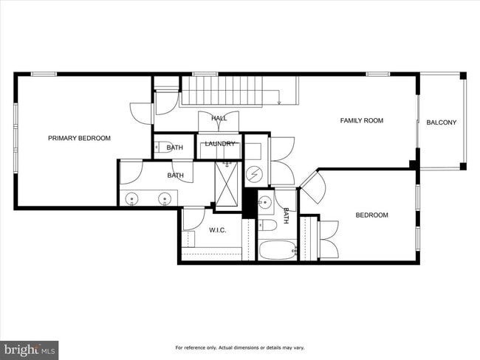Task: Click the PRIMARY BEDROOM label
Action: (79, 138)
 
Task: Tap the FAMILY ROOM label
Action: (361, 120)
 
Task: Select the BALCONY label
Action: (442, 122)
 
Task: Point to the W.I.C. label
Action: (217, 230)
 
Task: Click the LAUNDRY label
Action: (220, 144)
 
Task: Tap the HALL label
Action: (219, 118)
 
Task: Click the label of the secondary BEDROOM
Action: (371, 215)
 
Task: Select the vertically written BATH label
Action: (287, 215)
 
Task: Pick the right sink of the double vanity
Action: (164, 198)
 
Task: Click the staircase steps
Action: (229, 91)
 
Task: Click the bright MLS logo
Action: (30, 349)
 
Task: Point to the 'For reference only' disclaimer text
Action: (239, 347)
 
